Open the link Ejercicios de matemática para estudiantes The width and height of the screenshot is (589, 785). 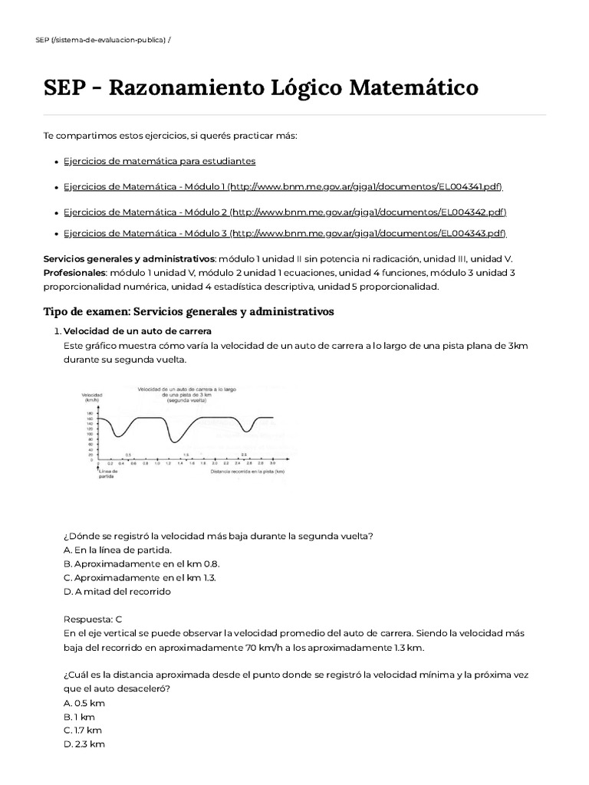[x=160, y=161]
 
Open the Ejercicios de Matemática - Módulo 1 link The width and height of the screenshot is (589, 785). [x=283, y=186]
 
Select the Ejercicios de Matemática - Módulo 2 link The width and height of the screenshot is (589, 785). [x=285, y=212]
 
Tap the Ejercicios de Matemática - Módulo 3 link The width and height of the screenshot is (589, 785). [x=285, y=233]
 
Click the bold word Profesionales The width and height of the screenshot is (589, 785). [x=74, y=272]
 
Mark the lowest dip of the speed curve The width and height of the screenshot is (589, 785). [x=176, y=442]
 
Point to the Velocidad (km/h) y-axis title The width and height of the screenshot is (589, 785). [x=91, y=398]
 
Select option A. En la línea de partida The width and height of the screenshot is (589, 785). [x=118, y=550]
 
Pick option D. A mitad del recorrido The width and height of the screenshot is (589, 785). [x=117, y=591]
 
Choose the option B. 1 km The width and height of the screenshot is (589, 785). [x=79, y=716]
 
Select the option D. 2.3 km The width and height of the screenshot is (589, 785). [x=84, y=744]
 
